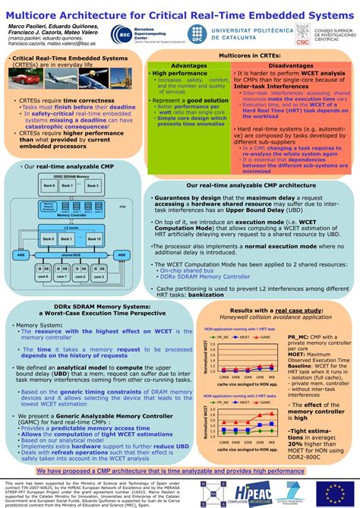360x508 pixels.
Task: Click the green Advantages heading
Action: click(x=178, y=66)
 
